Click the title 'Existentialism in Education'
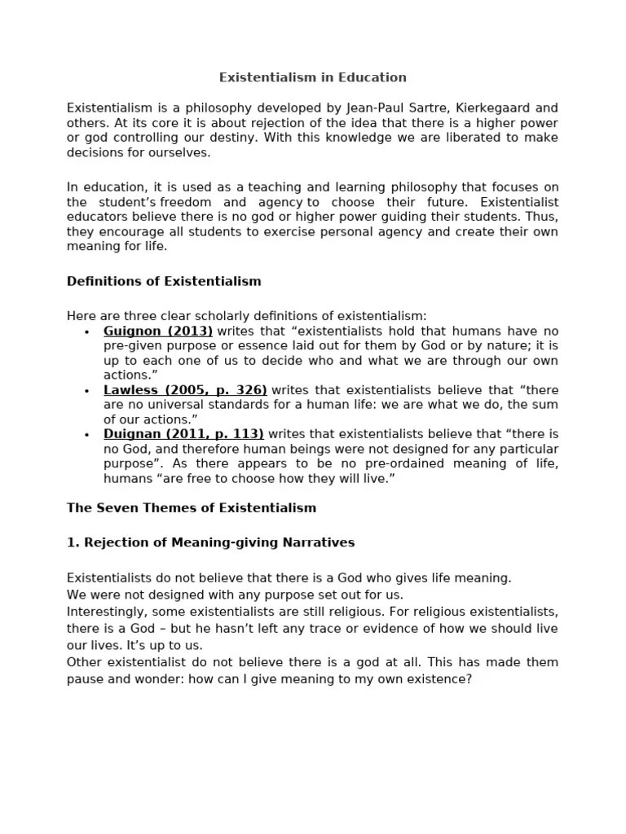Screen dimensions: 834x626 [312, 77]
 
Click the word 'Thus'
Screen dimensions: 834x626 [543, 217]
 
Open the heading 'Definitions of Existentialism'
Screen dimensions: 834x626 [164, 281]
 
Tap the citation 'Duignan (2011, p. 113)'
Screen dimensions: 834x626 [183, 434]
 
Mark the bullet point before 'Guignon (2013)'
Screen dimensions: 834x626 [86, 332]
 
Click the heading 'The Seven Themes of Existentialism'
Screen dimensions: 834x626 [191, 507]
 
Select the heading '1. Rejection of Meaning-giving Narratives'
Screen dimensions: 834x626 [210, 542]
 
